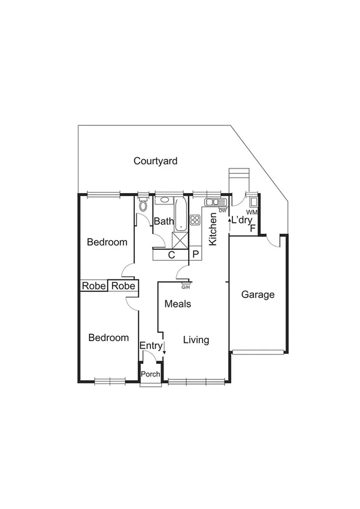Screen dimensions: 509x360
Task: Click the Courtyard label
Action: coord(155,161)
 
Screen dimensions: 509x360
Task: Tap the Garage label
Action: coord(258,294)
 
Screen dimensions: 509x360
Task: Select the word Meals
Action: coord(178,304)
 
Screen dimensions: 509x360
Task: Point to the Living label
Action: coord(196,340)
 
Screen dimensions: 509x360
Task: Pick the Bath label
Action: coord(164,221)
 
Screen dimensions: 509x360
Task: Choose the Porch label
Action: coord(150,375)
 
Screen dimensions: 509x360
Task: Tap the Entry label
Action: coord(150,346)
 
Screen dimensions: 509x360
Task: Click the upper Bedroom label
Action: coord(107,242)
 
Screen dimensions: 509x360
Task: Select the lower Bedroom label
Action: coord(108,338)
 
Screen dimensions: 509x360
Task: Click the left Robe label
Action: coord(93,286)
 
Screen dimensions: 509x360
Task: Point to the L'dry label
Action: coord(241,220)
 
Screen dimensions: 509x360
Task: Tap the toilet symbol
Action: coord(142,205)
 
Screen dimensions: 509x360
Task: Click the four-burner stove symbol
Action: coord(195,219)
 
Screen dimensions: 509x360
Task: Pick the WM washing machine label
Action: coord(252,212)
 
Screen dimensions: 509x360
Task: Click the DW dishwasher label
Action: coord(222,210)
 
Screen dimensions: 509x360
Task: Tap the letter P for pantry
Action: coord(195,254)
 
